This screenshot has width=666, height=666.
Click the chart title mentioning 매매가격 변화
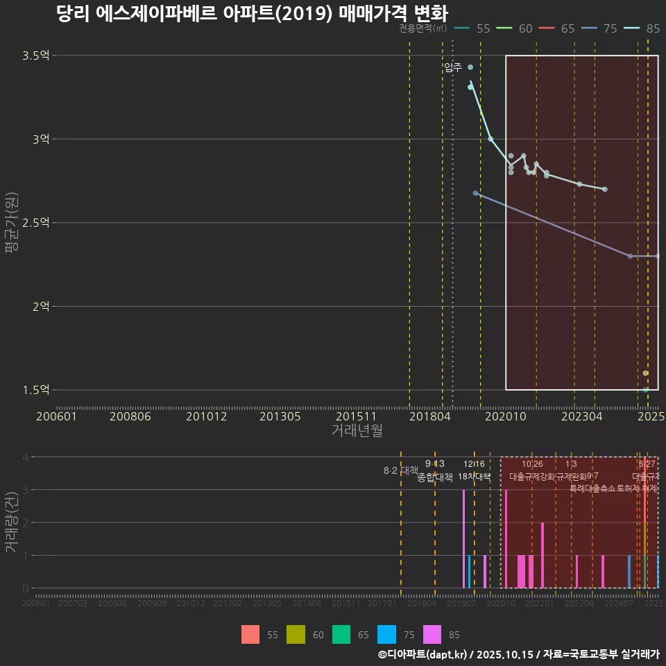252,14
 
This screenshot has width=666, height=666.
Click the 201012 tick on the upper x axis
207,416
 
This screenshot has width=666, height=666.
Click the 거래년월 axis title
357,431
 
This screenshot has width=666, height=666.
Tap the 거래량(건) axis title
12,522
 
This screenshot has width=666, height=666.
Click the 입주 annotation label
453,67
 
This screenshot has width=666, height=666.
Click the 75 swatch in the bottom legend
386,634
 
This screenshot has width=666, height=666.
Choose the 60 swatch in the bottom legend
296,634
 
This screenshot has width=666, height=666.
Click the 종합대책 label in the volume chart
435,477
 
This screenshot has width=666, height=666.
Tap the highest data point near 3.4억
470,67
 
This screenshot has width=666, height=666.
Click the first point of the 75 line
475,193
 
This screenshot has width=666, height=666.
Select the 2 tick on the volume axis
26,522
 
